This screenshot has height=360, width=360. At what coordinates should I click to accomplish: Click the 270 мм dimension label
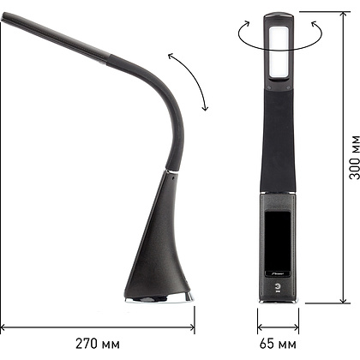98,344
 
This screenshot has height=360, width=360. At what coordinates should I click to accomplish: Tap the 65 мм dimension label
278,344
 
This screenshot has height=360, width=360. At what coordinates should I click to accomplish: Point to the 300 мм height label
355,157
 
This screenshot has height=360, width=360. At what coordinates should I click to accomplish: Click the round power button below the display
278,286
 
